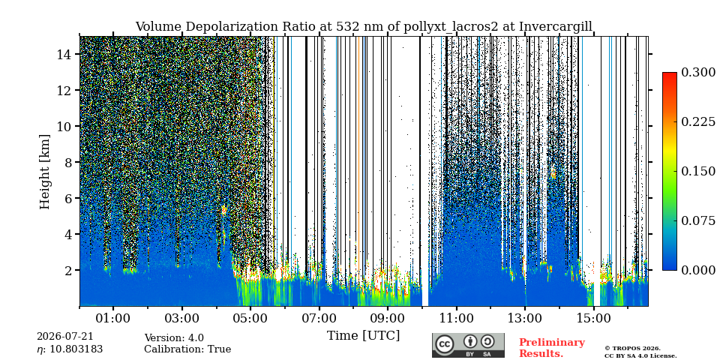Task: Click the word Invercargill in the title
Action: click(556, 27)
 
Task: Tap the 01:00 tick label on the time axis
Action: click(113, 318)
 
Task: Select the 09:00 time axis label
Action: click(388, 318)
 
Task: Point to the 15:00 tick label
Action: click(594, 318)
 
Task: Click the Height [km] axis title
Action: click(44, 172)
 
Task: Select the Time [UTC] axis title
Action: click(363, 336)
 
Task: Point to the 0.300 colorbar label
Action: click(698, 72)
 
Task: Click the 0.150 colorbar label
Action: click(698, 171)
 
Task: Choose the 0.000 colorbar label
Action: click(698, 270)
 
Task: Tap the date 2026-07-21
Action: click(65, 337)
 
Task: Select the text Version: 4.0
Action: click(174, 338)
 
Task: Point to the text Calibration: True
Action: click(187, 349)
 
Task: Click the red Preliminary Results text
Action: click(552, 348)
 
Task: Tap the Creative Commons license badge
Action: click(468, 345)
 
